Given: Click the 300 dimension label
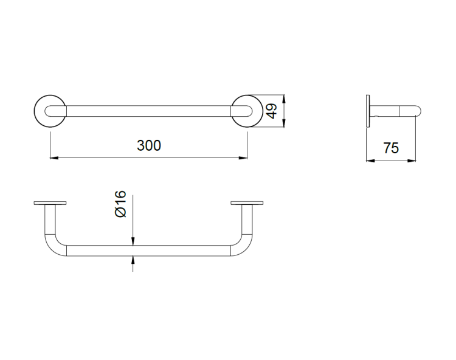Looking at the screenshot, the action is point(148,145).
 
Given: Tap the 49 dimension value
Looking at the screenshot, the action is point(272,111).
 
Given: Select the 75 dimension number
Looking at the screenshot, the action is point(391,148).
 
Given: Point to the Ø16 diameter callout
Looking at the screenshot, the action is point(121,204).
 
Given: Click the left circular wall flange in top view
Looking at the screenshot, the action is point(35,111).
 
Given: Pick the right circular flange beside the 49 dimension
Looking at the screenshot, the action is point(262,111).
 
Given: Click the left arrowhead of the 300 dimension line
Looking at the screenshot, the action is point(54,158).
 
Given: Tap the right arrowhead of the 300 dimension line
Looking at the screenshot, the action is point(243,158).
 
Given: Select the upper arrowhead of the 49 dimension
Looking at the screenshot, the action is point(284,99).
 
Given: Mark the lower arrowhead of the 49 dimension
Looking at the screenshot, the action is point(284,123).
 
